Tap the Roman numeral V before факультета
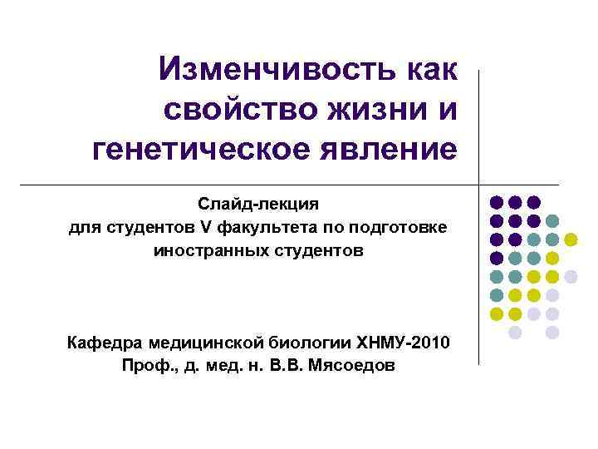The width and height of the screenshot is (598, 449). (x=204, y=227)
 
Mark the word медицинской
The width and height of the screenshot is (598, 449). (x=204, y=342)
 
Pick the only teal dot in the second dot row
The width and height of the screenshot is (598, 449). (x=552, y=221)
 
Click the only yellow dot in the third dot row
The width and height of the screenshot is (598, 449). (x=571, y=239)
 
